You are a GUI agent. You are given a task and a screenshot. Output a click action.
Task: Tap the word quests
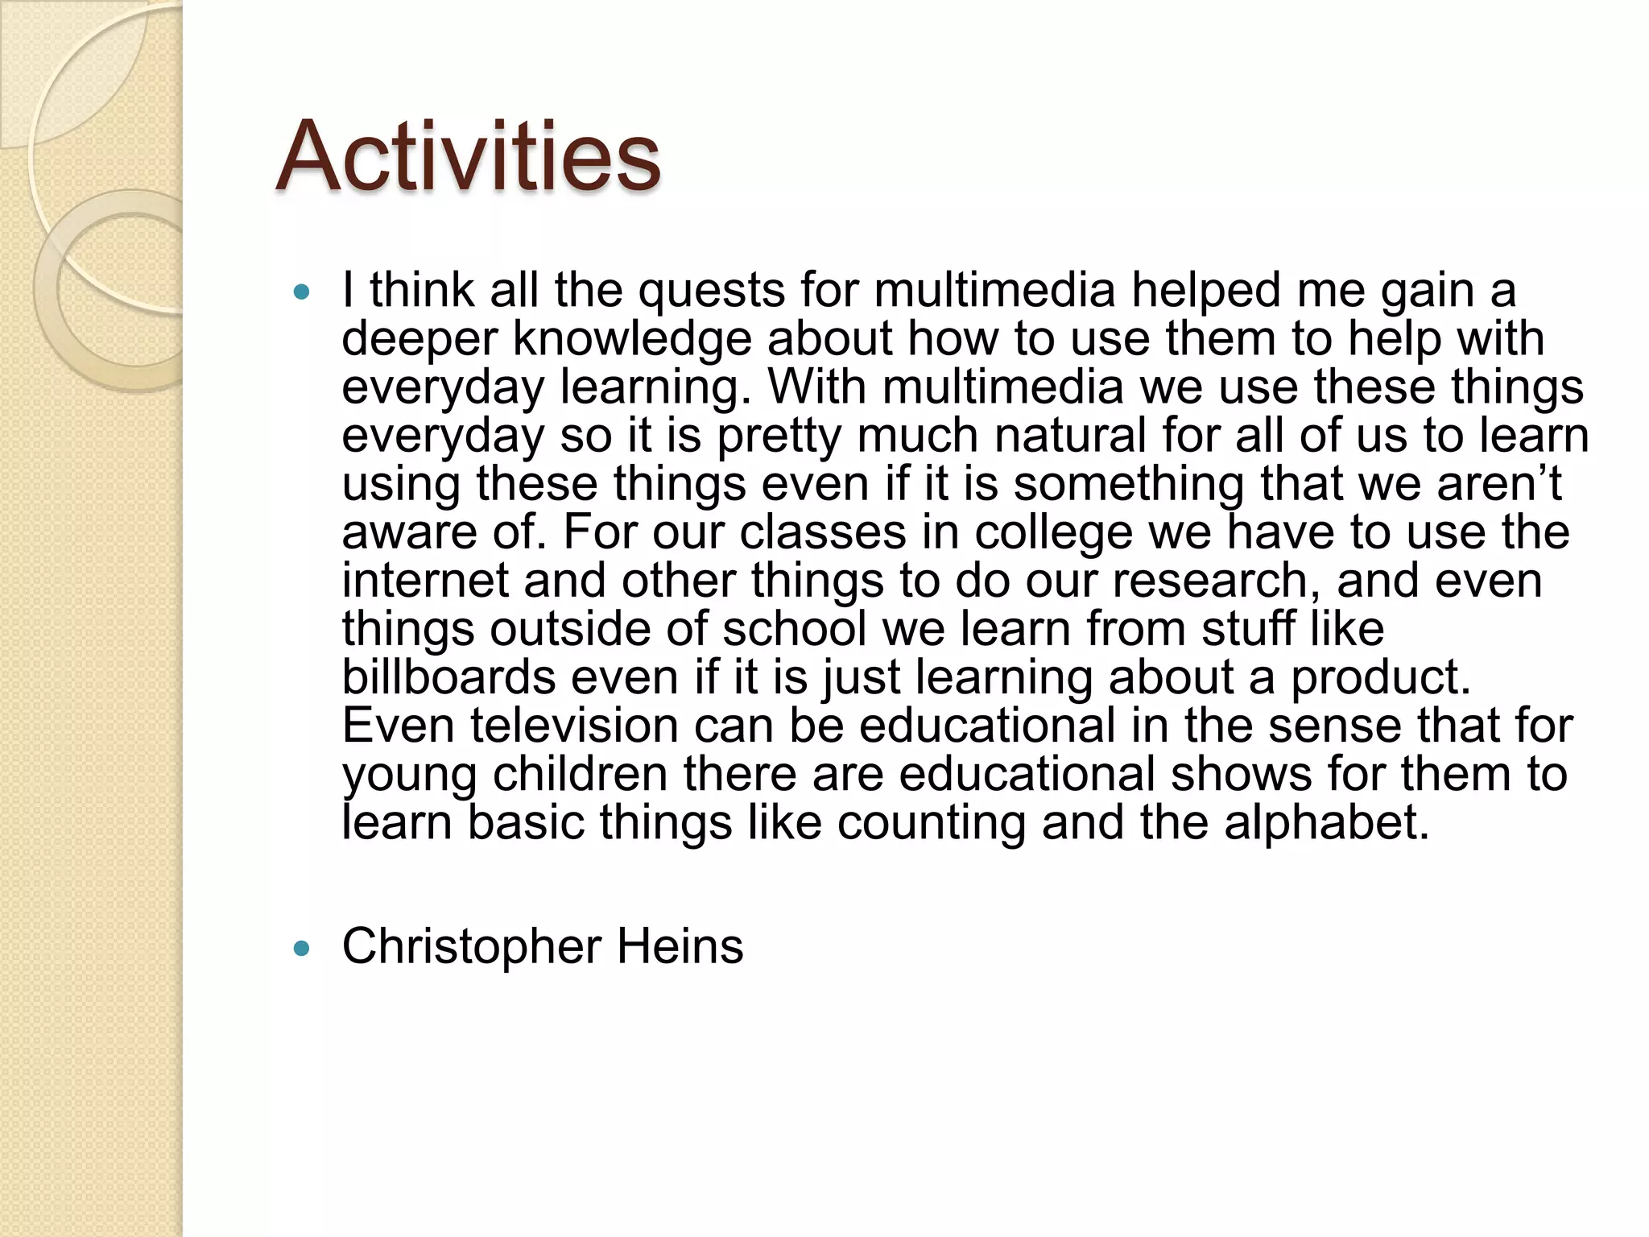[711, 292]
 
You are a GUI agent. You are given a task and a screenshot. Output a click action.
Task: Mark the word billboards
[448, 677]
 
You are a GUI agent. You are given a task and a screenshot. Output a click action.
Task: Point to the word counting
[931, 823]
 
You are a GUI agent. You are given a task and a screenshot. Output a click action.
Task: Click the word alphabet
[1326, 822]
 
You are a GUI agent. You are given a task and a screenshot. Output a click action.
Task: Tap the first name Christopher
[471, 947]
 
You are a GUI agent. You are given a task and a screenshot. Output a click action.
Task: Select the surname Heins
[680, 946]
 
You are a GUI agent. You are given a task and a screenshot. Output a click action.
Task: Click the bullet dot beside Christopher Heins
[302, 949]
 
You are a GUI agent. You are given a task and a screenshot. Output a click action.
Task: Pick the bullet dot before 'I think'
[302, 292]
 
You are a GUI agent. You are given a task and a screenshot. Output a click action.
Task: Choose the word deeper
[419, 340]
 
